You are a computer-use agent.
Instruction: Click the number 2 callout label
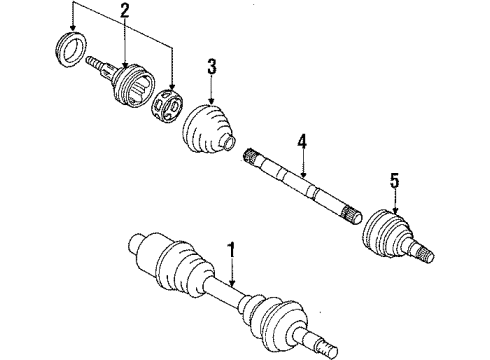click(123, 11)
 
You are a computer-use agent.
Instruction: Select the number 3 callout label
click(211, 68)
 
